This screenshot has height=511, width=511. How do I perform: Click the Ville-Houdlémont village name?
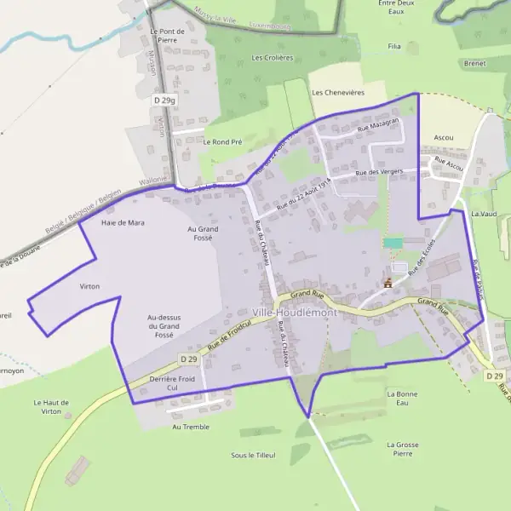(294, 313)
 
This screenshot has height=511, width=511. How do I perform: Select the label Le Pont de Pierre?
(167, 35)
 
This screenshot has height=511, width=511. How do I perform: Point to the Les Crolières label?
(272, 58)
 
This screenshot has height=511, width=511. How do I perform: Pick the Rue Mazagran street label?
(378, 125)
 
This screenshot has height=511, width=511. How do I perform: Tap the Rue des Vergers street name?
(378, 173)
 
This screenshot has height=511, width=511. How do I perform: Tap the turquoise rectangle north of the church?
(393, 244)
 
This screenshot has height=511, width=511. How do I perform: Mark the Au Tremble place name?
(190, 427)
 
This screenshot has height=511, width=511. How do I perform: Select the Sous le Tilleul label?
(253, 456)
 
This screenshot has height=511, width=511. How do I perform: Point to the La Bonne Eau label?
(402, 399)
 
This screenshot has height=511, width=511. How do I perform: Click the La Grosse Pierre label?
(402, 449)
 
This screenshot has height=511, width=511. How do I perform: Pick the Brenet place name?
(474, 63)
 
